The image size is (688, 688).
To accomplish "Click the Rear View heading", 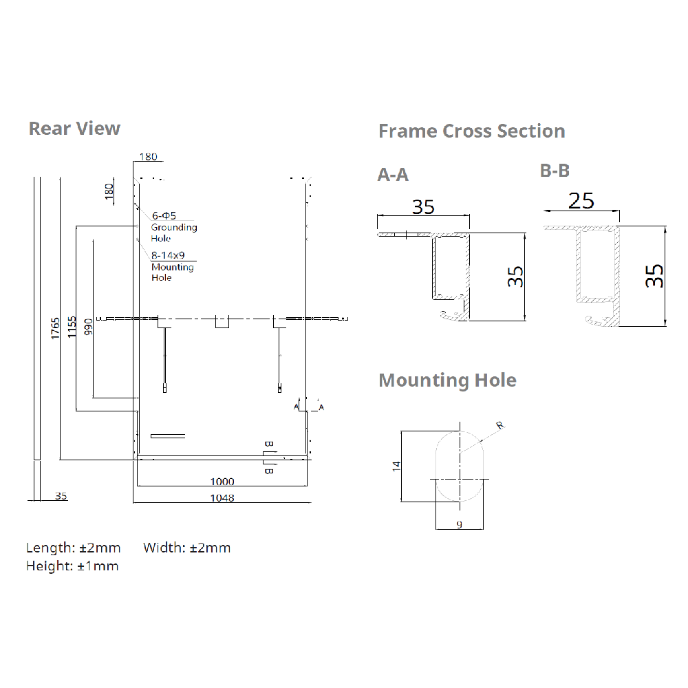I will tap(74, 129).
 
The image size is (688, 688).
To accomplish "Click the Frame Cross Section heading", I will tap(471, 131).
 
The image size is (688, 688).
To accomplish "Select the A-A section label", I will tap(393, 175).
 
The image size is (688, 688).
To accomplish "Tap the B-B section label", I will tap(555, 171).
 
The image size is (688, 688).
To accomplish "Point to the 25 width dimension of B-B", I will tap(581, 201).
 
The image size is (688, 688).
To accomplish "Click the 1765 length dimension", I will tap(55, 328).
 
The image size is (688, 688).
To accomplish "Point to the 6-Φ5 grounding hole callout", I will tap(164, 215).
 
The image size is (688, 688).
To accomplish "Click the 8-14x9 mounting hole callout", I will tap(167, 255).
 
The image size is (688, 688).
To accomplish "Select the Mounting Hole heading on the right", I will tap(447, 380).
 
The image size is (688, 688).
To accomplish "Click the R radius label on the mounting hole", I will tap(500, 425).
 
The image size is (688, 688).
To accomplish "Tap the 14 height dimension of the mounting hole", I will tap(396, 466).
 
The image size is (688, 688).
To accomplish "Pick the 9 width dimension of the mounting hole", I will tap(458, 524).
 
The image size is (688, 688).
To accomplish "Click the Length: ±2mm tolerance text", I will tap(73, 548).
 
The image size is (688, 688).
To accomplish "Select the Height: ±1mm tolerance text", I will tap(72, 566).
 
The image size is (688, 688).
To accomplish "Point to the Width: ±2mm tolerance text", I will tap(187, 548).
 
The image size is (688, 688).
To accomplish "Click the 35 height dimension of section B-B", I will tap(655, 276).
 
